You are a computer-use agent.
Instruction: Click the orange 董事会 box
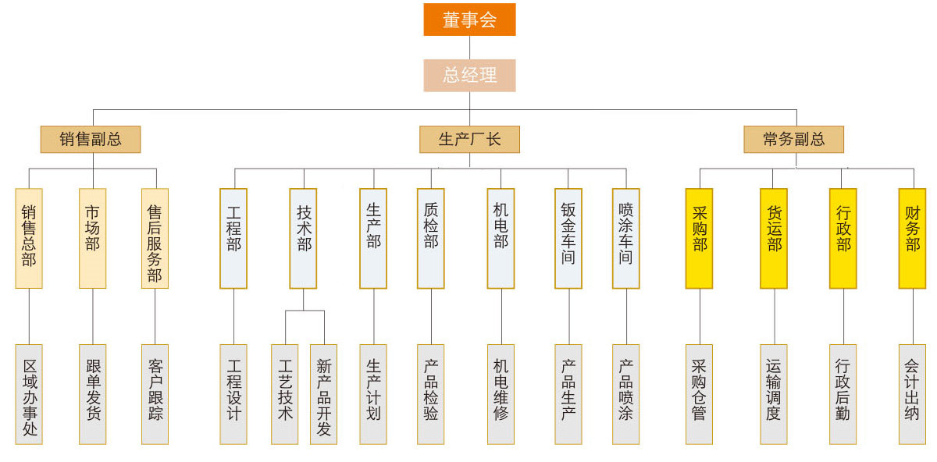[469, 20]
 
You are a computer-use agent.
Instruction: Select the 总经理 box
[469, 76]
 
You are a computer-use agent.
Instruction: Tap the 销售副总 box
[91, 140]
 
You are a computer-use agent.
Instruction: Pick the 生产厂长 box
[469, 140]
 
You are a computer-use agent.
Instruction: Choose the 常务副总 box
[793, 140]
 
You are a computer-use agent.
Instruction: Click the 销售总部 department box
[29, 238]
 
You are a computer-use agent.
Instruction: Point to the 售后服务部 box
[155, 238]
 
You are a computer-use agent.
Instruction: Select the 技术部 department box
[304, 238]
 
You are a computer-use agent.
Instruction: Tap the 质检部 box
[431, 238]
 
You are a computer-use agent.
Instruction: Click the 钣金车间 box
[568, 238]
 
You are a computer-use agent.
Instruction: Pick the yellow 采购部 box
[700, 238]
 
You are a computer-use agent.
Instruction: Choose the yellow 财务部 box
[912, 238]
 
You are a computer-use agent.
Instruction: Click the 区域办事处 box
[29, 394]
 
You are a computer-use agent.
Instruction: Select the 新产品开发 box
[323, 394]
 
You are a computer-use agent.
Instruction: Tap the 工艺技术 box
[285, 394]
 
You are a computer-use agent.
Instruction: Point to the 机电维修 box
[501, 394]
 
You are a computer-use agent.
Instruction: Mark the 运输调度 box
[773, 394]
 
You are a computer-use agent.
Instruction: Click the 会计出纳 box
[912, 394]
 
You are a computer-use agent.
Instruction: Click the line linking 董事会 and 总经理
[469, 48]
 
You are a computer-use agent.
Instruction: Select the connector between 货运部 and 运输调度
[773, 316]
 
